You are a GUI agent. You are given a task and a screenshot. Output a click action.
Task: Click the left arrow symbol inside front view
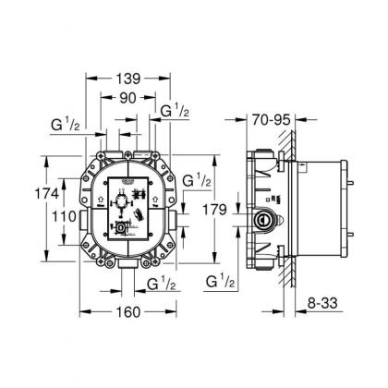95,197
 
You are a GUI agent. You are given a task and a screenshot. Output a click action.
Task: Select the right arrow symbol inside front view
161,197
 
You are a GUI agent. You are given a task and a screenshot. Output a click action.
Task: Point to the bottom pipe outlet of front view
127,268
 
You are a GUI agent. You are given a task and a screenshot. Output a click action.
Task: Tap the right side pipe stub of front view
176,223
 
